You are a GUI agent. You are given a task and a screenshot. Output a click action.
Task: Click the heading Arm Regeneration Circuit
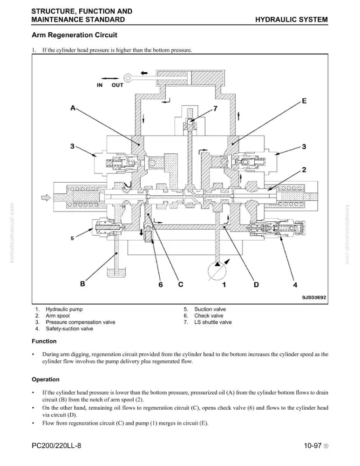tap(74, 35)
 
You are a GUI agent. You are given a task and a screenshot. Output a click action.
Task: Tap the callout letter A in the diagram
tap(73, 108)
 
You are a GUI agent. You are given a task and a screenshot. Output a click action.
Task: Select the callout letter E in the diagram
tap(304, 101)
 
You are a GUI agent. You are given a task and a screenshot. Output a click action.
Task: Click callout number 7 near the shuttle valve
tap(215, 109)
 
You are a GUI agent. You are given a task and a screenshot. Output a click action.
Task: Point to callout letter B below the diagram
tap(82, 284)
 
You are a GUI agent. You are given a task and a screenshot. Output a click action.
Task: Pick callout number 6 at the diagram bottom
tap(161, 285)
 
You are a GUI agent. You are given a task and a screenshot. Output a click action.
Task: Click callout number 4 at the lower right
tap(295, 285)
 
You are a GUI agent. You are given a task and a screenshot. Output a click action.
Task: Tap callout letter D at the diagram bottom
tap(256, 285)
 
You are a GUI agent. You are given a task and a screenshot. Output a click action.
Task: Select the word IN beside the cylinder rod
tap(100, 85)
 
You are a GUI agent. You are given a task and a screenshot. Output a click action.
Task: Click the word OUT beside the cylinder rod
tap(117, 85)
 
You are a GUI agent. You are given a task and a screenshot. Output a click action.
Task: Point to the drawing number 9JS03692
tap(314, 297)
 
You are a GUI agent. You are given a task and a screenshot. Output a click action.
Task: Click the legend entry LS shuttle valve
tap(213, 322)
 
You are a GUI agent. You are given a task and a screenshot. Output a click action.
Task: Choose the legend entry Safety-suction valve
tap(69, 329)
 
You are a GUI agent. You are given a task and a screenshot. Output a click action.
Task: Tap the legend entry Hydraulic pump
tap(64, 309)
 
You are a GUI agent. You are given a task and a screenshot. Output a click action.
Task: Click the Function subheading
tap(44, 341)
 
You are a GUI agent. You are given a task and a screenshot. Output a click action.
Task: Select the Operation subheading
tap(46, 379)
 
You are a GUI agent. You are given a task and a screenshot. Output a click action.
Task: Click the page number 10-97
tap(313, 446)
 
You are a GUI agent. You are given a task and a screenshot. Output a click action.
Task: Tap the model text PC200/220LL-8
tap(56, 446)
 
